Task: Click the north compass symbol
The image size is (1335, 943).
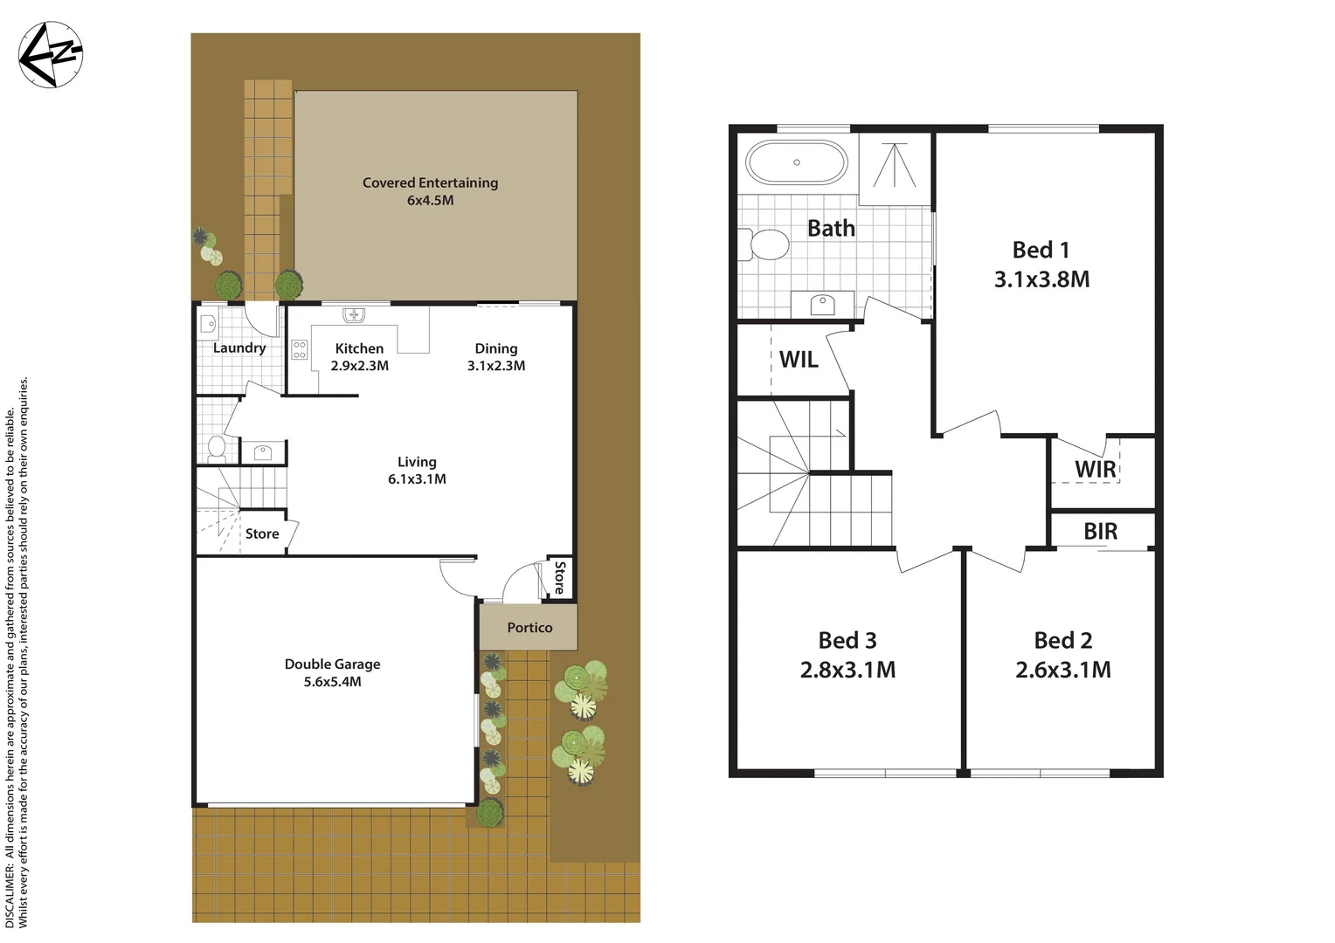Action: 50,54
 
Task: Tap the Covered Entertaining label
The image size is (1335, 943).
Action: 430,182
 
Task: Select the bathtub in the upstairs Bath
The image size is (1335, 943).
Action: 796,162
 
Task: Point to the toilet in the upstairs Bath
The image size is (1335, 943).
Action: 765,244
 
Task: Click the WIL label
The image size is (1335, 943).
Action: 799,360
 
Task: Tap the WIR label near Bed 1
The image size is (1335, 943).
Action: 1095,470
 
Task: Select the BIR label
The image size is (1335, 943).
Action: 1100,532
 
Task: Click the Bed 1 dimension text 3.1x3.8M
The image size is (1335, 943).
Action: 1041,280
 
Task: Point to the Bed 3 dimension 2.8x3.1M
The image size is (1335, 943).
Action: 847,671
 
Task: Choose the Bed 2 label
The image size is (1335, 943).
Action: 1062,641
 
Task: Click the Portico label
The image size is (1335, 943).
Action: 529,628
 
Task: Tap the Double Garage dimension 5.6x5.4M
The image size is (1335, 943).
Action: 332,682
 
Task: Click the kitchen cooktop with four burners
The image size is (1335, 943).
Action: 300,350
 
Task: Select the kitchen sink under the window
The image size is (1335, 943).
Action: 354,314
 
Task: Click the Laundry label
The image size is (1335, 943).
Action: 239,348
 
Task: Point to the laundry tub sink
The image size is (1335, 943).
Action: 208,324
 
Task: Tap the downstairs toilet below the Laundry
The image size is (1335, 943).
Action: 217,447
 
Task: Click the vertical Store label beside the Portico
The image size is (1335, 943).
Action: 559,578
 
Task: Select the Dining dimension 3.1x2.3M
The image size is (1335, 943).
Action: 495,366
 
